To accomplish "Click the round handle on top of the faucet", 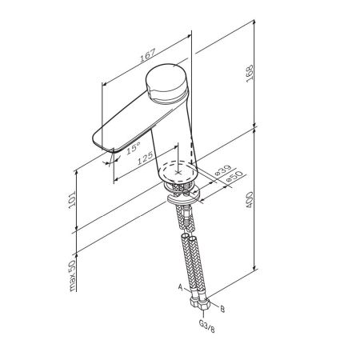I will click(x=167, y=82).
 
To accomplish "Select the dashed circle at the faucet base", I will click(x=179, y=170).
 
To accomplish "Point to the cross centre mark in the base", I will click(x=179, y=170).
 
